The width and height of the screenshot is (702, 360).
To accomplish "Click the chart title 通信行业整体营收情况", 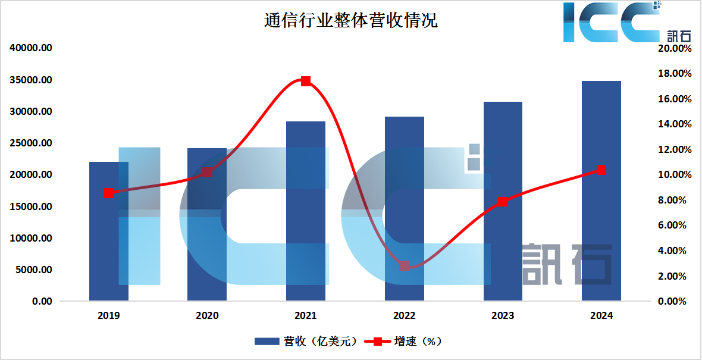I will point(350,21).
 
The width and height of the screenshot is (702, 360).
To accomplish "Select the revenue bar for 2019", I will point(109,250).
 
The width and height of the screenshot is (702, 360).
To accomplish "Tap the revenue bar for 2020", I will point(207,238).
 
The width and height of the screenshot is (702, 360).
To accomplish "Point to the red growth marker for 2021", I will point(306,81).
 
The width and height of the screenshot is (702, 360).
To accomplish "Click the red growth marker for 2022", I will point(405,266).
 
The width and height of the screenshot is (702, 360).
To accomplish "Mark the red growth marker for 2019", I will point(108,193).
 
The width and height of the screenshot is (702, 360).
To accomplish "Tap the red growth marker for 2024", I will point(601,170).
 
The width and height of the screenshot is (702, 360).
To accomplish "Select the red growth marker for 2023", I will point(503,202).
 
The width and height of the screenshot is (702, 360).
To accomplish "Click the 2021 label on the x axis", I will point(306,316).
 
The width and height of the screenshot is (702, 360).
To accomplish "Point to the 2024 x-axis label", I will point(601,316).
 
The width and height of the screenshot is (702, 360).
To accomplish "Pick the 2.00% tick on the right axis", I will point(677,276).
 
